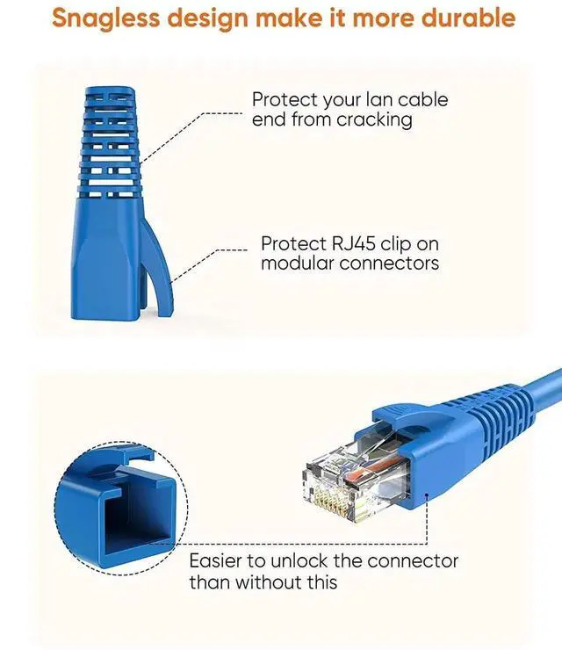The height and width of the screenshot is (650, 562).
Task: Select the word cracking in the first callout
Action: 374,119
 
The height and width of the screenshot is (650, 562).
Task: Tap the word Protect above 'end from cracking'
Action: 282,99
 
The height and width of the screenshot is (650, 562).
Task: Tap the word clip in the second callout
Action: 393,243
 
